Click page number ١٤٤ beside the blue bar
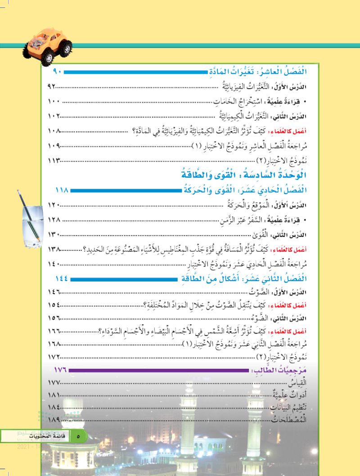point(62,280)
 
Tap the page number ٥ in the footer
point(78,436)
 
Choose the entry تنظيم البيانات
point(295,408)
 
